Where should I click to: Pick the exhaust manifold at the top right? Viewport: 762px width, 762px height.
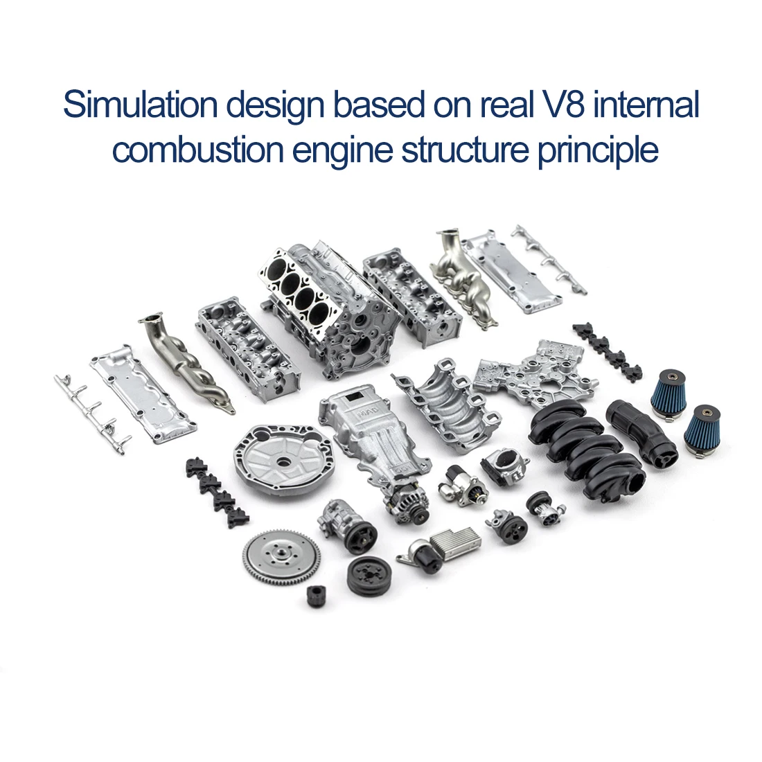[x=463, y=281]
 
